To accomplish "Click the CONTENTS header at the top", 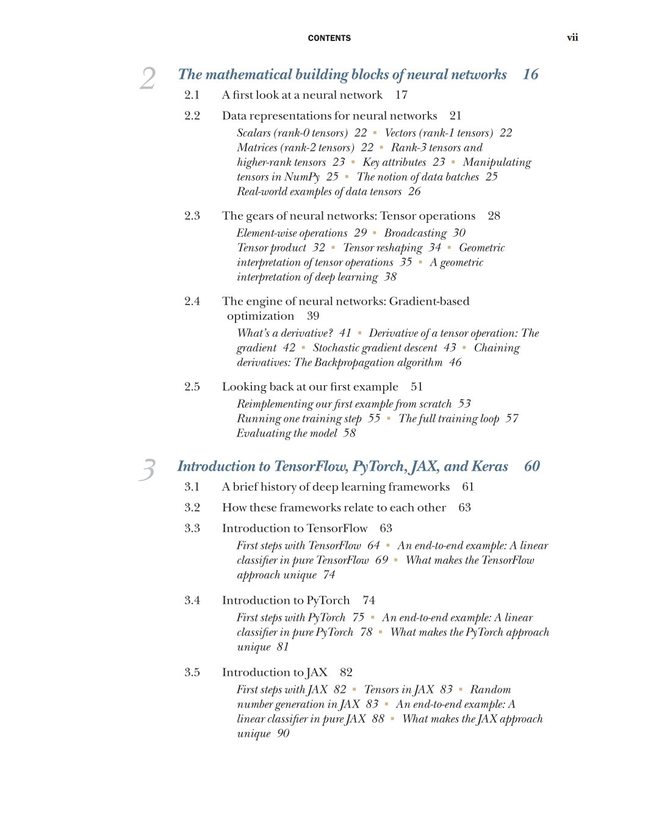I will pos(329,38).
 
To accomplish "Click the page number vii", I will pos(572,37).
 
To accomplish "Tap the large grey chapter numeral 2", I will pos(148,79).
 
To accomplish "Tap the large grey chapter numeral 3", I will pos(148,470).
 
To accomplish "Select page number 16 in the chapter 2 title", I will pos(530,74).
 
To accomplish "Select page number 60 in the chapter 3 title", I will pos(531,466).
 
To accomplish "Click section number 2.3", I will pos(192,215).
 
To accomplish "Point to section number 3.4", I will pos(192,600).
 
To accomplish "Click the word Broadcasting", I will pos(415,233).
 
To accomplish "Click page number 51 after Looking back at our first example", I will pos(417,386).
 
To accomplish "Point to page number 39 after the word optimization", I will pos(313,316).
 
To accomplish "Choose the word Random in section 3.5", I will pos(490,689).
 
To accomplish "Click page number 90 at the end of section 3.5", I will pos(283,733).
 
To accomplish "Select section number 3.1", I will pos(192,486).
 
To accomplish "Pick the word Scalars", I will pos(254,132).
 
